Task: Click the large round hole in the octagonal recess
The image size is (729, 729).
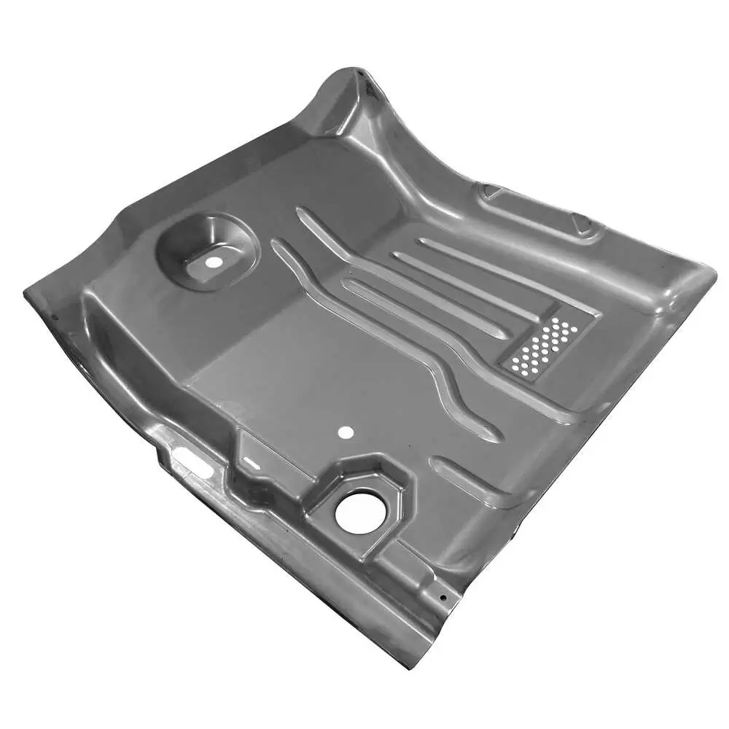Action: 358,511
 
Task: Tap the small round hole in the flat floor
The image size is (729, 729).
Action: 346,432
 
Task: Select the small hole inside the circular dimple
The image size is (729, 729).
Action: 213,261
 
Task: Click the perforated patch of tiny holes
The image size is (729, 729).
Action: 544,347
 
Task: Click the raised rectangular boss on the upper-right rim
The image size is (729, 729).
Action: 539,211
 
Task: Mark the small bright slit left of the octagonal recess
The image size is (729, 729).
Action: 249,461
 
